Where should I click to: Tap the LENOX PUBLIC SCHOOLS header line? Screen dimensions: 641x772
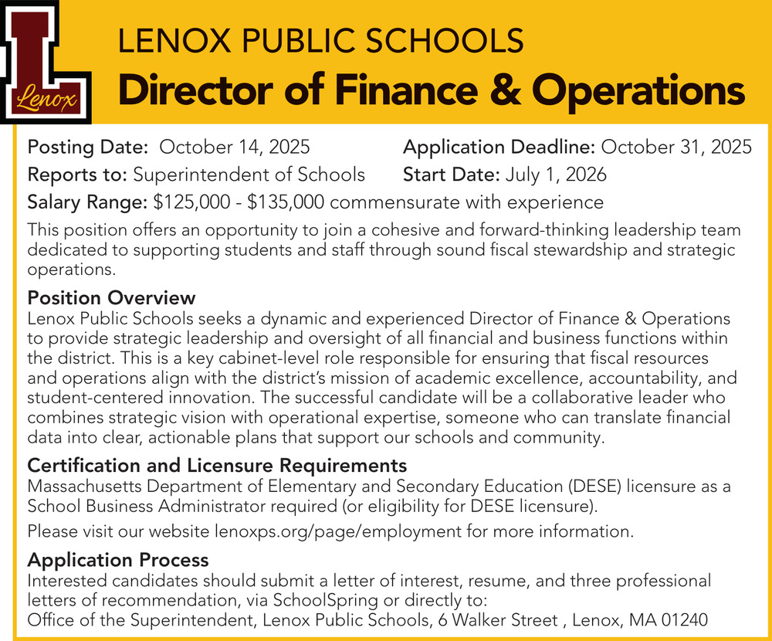tap(320, 40)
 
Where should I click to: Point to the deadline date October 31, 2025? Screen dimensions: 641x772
tap(676, 147)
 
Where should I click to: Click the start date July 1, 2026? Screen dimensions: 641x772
tap(556, 175)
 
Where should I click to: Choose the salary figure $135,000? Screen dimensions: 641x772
tap(286, 202)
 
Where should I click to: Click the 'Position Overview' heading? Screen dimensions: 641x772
tap(111, 298)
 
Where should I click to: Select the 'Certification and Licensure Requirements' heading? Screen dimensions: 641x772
tap(217, 466)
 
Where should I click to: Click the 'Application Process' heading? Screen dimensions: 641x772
tap(118, 559)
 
